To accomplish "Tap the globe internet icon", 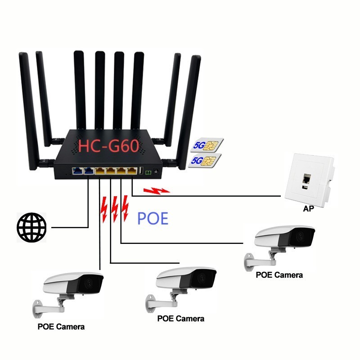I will (x=31, y=228).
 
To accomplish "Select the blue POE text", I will (x=153, y=218).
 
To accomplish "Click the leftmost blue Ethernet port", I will (x=76, y=171).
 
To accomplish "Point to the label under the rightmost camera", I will (x=279, y=274).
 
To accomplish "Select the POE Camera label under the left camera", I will (x=61, y=326).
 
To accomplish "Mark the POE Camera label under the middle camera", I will (x=180, y=319).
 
